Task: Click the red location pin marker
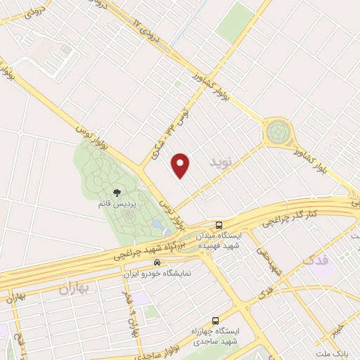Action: click(181, 165)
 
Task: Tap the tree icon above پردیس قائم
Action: click(117, 191)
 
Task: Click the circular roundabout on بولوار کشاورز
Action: click(276, 131)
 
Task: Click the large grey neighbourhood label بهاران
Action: click(76, 288)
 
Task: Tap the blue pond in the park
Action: click(157, 225)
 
